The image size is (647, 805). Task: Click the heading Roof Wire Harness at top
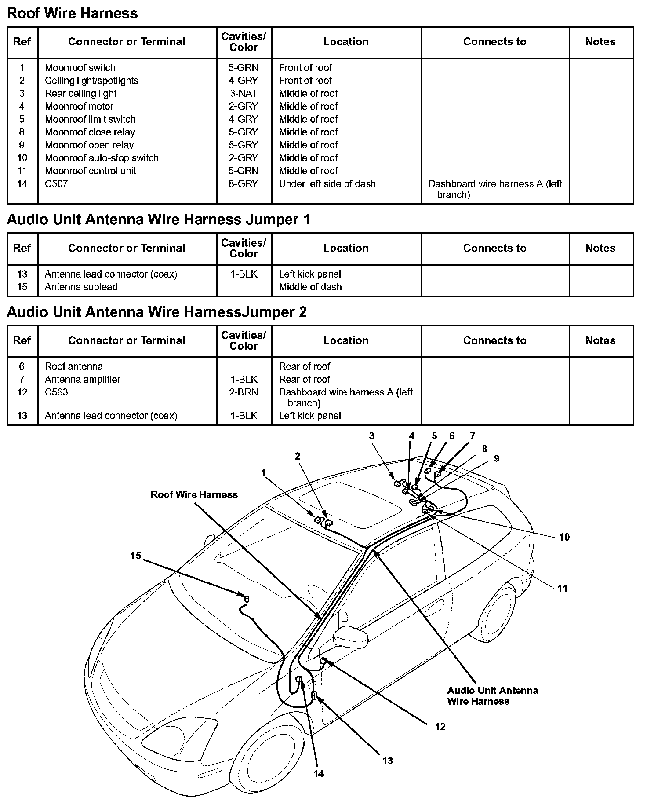pyautogui.click(x=73, y=13)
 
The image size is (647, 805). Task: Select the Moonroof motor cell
pyautogui.click(x=79, y=106)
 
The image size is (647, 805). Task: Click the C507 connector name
pyautogui.click(x=56, y=184)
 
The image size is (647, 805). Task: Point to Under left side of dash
pyautogui.click(x=327, y=184)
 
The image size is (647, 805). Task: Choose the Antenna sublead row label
pyautogui.click(x=81, y=287)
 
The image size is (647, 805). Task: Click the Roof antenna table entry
pyautogui.click(x=74, y=366)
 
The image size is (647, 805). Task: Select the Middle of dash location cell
pyautogui.click(x=310, y=287)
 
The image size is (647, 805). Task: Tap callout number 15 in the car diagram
pyautogui.click(x=135, y=556)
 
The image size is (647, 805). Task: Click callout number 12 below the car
pyautogui.click(x=440, y=727)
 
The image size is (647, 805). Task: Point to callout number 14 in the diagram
pyautogui.click(x=319, y=774)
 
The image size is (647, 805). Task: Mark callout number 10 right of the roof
pyautogui.click(x=564, y=537)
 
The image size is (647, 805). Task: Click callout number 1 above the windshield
pyautogui.click(x=263, y=473)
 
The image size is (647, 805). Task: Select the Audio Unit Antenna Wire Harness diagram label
pyautogui.click(x=492, y=696)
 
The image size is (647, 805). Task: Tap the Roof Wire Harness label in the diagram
pyautogui.click(x=194, y=495)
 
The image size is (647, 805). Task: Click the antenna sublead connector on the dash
pyautogui.click(x=247, y=599)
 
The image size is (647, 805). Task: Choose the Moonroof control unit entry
pyautogui.click(x=91, y=171)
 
